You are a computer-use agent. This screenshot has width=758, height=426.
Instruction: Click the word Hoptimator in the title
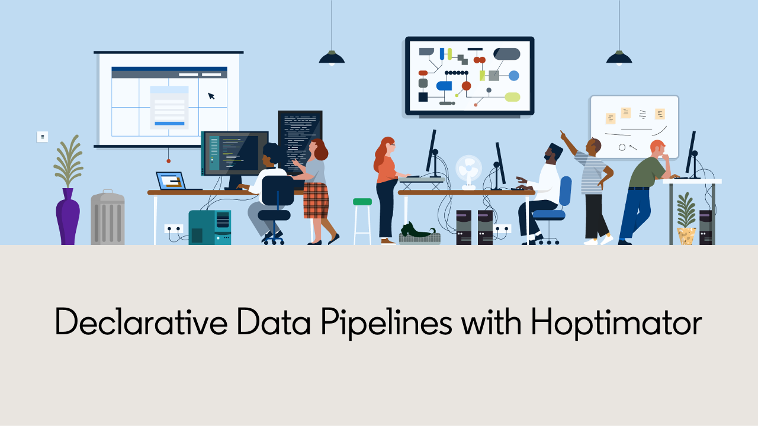coord(616,323)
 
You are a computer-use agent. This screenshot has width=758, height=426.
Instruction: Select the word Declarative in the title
coord(141,323)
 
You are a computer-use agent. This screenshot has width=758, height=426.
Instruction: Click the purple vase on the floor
coord(68,218)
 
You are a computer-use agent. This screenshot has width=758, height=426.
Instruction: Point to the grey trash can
coord(108,219)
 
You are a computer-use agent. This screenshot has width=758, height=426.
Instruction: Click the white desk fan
coord(468,171)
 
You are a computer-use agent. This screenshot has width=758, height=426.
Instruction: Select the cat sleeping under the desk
coord(418,231)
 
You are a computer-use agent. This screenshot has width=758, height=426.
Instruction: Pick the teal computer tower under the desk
coord(210,227)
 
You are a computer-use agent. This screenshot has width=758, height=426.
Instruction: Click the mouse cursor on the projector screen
coord(211,96)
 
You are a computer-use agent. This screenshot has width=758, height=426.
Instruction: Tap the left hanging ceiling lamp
coord(332,57)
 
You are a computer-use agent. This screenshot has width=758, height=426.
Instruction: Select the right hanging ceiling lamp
coord(619,57)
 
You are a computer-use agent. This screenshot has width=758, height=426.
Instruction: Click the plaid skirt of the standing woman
coord(316,200)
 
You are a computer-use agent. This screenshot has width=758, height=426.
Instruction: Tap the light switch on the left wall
coord(43,137)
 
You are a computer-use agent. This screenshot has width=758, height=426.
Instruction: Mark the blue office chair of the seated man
coord(557,204)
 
